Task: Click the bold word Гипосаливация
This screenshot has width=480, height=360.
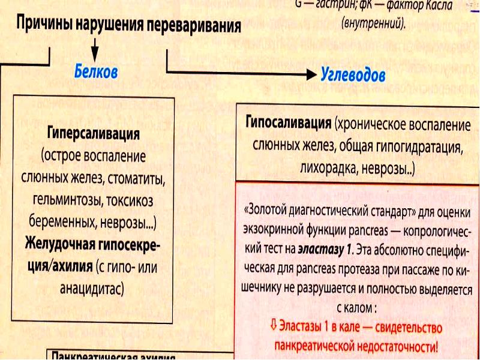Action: click(289, 124)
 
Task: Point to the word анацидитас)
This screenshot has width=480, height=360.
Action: click(92, 287)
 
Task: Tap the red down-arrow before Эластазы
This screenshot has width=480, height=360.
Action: click(273, 326)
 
